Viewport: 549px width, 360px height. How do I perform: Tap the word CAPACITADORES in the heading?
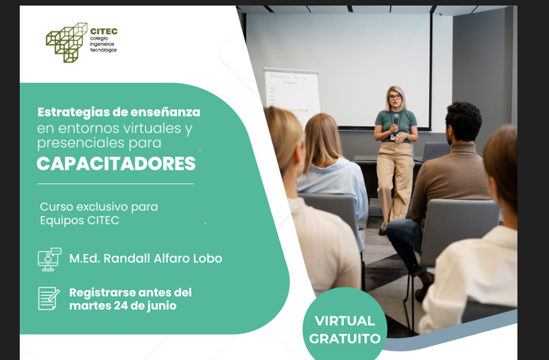[116, 164]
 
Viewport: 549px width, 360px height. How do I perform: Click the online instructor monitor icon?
[49, 259]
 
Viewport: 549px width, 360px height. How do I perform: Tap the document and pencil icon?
[49, 298]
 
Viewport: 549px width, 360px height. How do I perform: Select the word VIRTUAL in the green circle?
[345, 321]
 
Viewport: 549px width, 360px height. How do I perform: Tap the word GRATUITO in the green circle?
[345, 339]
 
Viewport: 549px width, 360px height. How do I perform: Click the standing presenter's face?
[394, 101]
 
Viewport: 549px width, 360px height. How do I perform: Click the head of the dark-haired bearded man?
[463, 122]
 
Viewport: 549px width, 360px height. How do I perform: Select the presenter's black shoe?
[383, 230]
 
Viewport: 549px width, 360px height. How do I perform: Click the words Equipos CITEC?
[80, 220]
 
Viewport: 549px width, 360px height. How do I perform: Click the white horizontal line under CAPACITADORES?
[116, 184]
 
